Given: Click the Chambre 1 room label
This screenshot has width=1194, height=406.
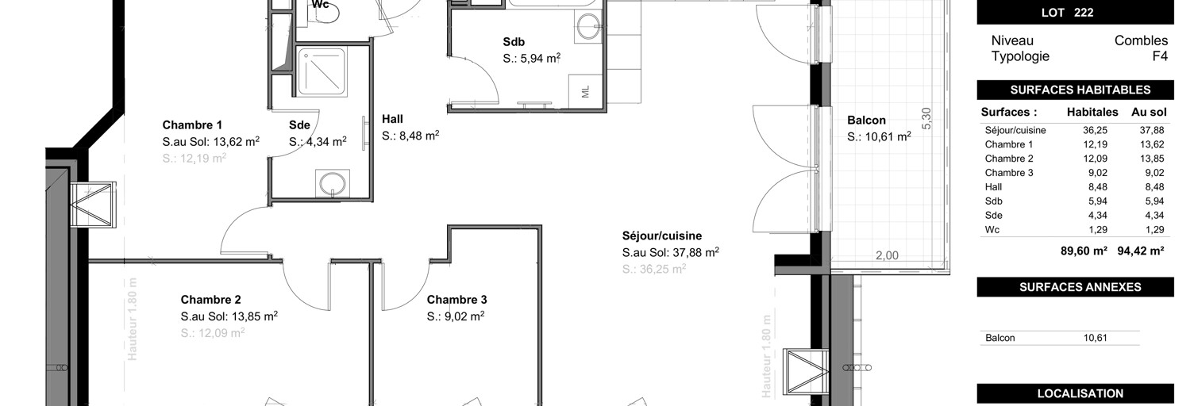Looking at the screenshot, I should tap(192, 125).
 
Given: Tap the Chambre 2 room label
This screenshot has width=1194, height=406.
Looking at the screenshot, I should tap(210, 300).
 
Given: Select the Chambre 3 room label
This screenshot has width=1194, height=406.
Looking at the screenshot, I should tap(456, 300).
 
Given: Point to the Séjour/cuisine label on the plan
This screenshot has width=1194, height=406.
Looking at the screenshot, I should tap(661, 236).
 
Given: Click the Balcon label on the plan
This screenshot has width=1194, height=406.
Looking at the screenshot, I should tap(866, 121).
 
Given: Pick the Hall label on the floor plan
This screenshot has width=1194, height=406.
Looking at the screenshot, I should tap(392, 120).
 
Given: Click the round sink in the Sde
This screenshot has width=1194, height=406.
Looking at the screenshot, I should tap(331, 184).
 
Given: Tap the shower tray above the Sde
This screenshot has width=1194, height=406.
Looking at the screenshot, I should tap(321, 71).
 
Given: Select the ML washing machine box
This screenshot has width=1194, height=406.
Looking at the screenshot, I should tap(585, 90).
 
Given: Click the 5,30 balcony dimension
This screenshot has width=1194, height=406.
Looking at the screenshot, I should tap(926, 117).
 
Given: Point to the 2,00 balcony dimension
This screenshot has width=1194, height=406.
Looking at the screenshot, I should tap(887, 255).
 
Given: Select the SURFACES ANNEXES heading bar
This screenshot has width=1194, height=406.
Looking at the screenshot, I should tap(1075, 287).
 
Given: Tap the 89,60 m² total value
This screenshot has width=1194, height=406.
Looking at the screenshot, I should tap(1084, 251).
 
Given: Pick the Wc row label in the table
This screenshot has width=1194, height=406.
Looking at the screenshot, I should tap(992, 230).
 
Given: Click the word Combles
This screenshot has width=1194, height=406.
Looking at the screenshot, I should tap(1141, 40).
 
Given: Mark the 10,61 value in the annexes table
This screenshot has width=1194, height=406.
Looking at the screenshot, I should tap(1095, 338).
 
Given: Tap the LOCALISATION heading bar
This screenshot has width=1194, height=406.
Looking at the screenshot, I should tap(1075, 393).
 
